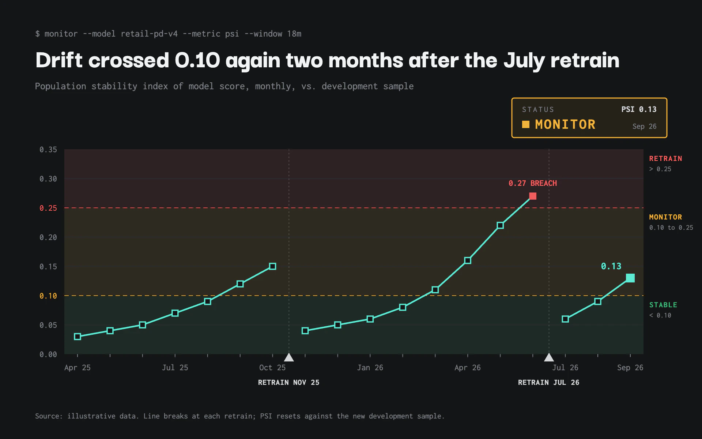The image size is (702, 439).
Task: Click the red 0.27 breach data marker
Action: tap(533, 196)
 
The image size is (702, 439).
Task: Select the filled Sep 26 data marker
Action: tap(630, 278)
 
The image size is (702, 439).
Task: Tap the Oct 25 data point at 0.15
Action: tap(272, 266)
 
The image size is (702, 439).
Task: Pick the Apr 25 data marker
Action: tap(78, 337)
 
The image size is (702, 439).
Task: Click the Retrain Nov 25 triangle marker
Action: tap(289, 357)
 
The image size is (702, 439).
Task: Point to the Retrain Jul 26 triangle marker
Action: tap(549, 357)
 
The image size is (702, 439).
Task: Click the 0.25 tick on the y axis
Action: tap(48, 208)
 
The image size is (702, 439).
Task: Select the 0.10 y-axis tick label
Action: tap(48, 296)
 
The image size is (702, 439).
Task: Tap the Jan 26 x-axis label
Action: tap(370, 368)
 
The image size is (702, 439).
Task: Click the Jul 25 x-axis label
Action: tap(175, 368)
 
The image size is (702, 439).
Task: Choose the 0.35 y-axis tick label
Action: tap(48, 150)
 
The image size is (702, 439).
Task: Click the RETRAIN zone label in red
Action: tap(665, 158)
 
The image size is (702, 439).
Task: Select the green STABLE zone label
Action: tap(663, 305)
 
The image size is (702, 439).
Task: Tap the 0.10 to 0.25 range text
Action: tap(671, 228)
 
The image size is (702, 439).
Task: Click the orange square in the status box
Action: tap(526, 124)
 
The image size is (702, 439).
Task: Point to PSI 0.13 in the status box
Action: tap(639, 109)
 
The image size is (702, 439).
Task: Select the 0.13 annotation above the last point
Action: tap(611, 266)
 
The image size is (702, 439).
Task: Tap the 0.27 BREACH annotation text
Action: tap(533, 183)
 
